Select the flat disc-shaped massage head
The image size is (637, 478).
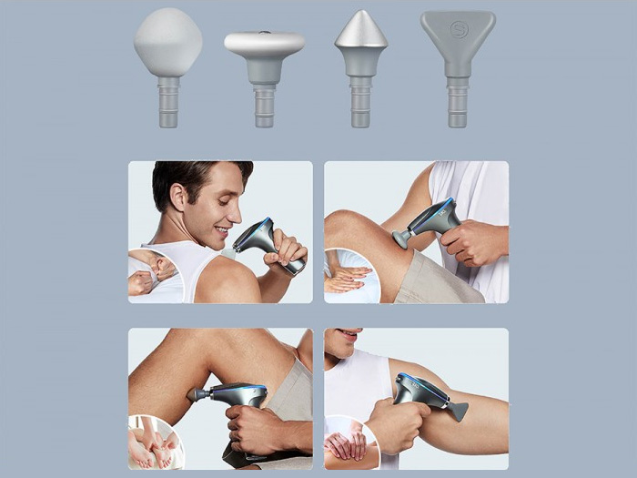pos(264,46)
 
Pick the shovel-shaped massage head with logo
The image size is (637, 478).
pos(458,36)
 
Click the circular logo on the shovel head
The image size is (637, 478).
pos(458,28)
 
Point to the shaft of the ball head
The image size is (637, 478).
pos(168,102)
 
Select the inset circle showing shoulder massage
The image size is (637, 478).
pos(153,273)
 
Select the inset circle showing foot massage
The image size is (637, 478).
pos(155,442)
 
